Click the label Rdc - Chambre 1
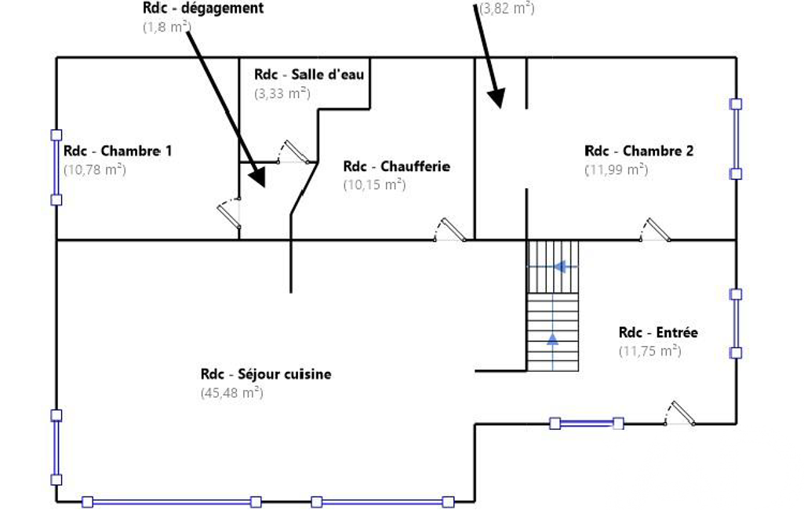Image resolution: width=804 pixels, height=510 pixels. (x=118, y=151)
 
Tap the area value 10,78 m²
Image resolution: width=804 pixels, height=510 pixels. (x=95, y=169)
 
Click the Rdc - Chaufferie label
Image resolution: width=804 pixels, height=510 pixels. (x=397, y=166)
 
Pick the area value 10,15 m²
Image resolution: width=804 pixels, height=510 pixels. (x=373, y=185)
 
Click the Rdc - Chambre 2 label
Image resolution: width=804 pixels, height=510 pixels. (x=639, y=151)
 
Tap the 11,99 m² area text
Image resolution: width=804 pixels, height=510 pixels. (x=617, y=169)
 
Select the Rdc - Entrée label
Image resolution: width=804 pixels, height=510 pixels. (x=658, y=333)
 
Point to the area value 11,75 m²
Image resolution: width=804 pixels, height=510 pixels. (x=649, y=351)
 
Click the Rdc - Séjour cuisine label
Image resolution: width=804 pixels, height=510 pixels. (x=266, y=374)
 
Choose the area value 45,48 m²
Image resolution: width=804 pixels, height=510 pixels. (x=231, y=393)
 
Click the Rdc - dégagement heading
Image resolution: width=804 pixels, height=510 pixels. (x=203, y=9)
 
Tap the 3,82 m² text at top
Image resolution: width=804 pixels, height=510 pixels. (x=507, y=9)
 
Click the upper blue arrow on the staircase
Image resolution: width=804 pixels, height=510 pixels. (x=560, y=267)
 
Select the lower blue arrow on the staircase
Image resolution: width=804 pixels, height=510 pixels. (x=552, y=339)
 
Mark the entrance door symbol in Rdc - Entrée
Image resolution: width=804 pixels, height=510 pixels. (x=680, y=413)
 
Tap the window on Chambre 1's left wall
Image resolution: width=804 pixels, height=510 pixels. (x=56, y=167)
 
